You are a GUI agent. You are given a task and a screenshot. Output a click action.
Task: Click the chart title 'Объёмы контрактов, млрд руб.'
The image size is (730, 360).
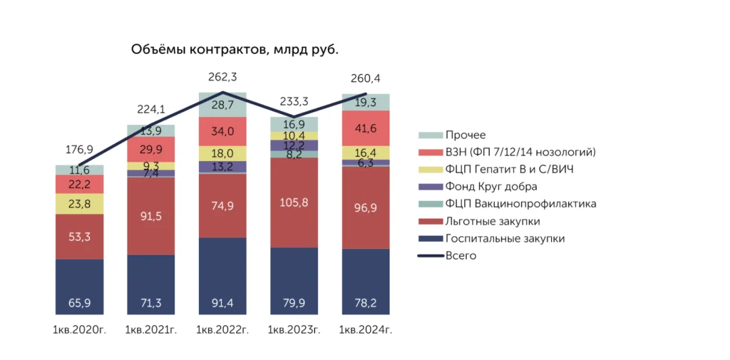click(235, 50)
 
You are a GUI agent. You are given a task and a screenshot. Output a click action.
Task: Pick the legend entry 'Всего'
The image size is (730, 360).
click(461, 255)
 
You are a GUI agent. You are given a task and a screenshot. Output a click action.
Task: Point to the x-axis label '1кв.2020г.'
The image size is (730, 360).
click(79, 330)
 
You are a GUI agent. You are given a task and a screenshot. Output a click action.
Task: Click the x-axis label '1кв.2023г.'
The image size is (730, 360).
click(294, 330)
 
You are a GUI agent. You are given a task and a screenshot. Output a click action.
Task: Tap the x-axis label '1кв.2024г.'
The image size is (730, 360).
click(366, 330)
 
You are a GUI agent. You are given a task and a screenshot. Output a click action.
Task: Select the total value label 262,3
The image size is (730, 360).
click(222, 77)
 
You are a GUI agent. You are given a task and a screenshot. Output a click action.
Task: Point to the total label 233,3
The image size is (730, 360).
click(294, 101)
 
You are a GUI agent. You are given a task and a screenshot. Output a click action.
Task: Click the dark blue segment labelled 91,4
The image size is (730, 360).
click(222, 276)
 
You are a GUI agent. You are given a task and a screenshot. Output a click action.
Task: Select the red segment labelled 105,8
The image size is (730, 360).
click(294, 202)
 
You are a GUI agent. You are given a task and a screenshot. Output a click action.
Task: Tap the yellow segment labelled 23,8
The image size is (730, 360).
click(79, 204)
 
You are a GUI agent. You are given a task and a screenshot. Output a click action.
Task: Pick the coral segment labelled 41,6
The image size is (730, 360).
click(366, 129)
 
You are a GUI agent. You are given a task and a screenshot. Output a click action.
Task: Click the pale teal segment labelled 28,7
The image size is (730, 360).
click(222, 105)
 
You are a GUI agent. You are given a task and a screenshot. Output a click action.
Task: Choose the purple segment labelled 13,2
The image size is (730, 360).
click(222, 167)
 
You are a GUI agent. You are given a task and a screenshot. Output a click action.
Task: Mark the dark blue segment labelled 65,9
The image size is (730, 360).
click(79, 287)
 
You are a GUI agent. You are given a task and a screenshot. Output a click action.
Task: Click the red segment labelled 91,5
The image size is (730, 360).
click(150, 216)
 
